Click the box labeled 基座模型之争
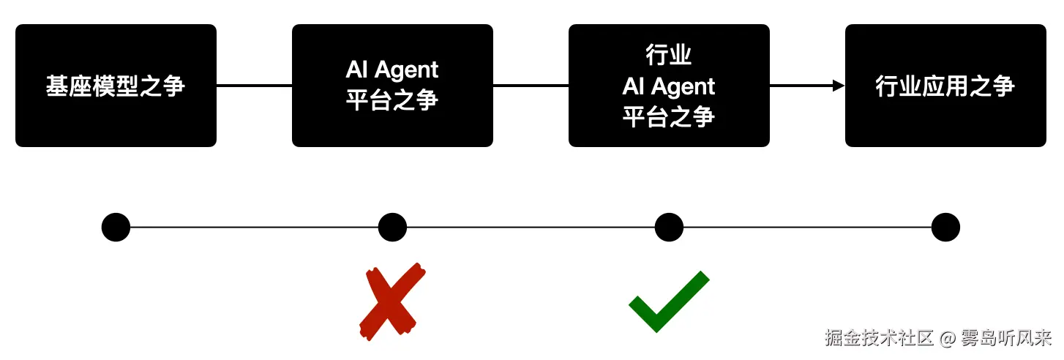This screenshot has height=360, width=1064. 116,86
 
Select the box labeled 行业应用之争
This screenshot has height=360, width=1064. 945,86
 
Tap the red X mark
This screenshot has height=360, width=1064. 392,301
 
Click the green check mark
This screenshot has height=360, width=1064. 667,301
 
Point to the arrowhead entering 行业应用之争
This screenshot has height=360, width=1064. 839,86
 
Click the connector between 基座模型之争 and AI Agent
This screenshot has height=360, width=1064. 254,86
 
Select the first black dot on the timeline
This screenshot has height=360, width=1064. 116,228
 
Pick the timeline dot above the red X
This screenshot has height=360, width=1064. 392,228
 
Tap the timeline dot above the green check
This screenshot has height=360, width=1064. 669,228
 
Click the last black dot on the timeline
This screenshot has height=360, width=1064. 945,228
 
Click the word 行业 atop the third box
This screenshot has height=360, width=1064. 669,56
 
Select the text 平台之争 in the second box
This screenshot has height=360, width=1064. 392,100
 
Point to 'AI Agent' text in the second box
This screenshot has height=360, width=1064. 392,70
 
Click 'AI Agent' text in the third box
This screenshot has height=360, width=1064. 669,86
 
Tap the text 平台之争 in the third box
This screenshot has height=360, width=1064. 669,116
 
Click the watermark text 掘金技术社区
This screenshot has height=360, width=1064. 880,338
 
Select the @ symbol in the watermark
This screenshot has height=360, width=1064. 948,338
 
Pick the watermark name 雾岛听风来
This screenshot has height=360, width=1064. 1006,338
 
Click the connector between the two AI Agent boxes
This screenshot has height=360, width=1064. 531,86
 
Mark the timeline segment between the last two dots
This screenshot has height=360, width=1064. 807,228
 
